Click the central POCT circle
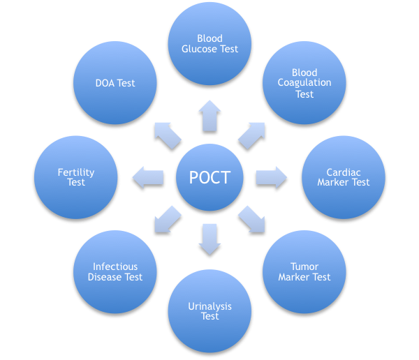click(209, 177)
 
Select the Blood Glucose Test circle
click(209, 43)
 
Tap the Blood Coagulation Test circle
click(304, 82)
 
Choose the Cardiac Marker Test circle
click(343, 177)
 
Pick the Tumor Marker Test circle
click(304, 271)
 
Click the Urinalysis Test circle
click(209, 310)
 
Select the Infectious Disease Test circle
click(115, 271)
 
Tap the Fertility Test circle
click(76, 177)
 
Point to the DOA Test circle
click(115, 83)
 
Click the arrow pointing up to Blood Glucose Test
click(209, 115)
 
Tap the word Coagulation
click(304, 83)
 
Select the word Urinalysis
click(209, 306)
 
